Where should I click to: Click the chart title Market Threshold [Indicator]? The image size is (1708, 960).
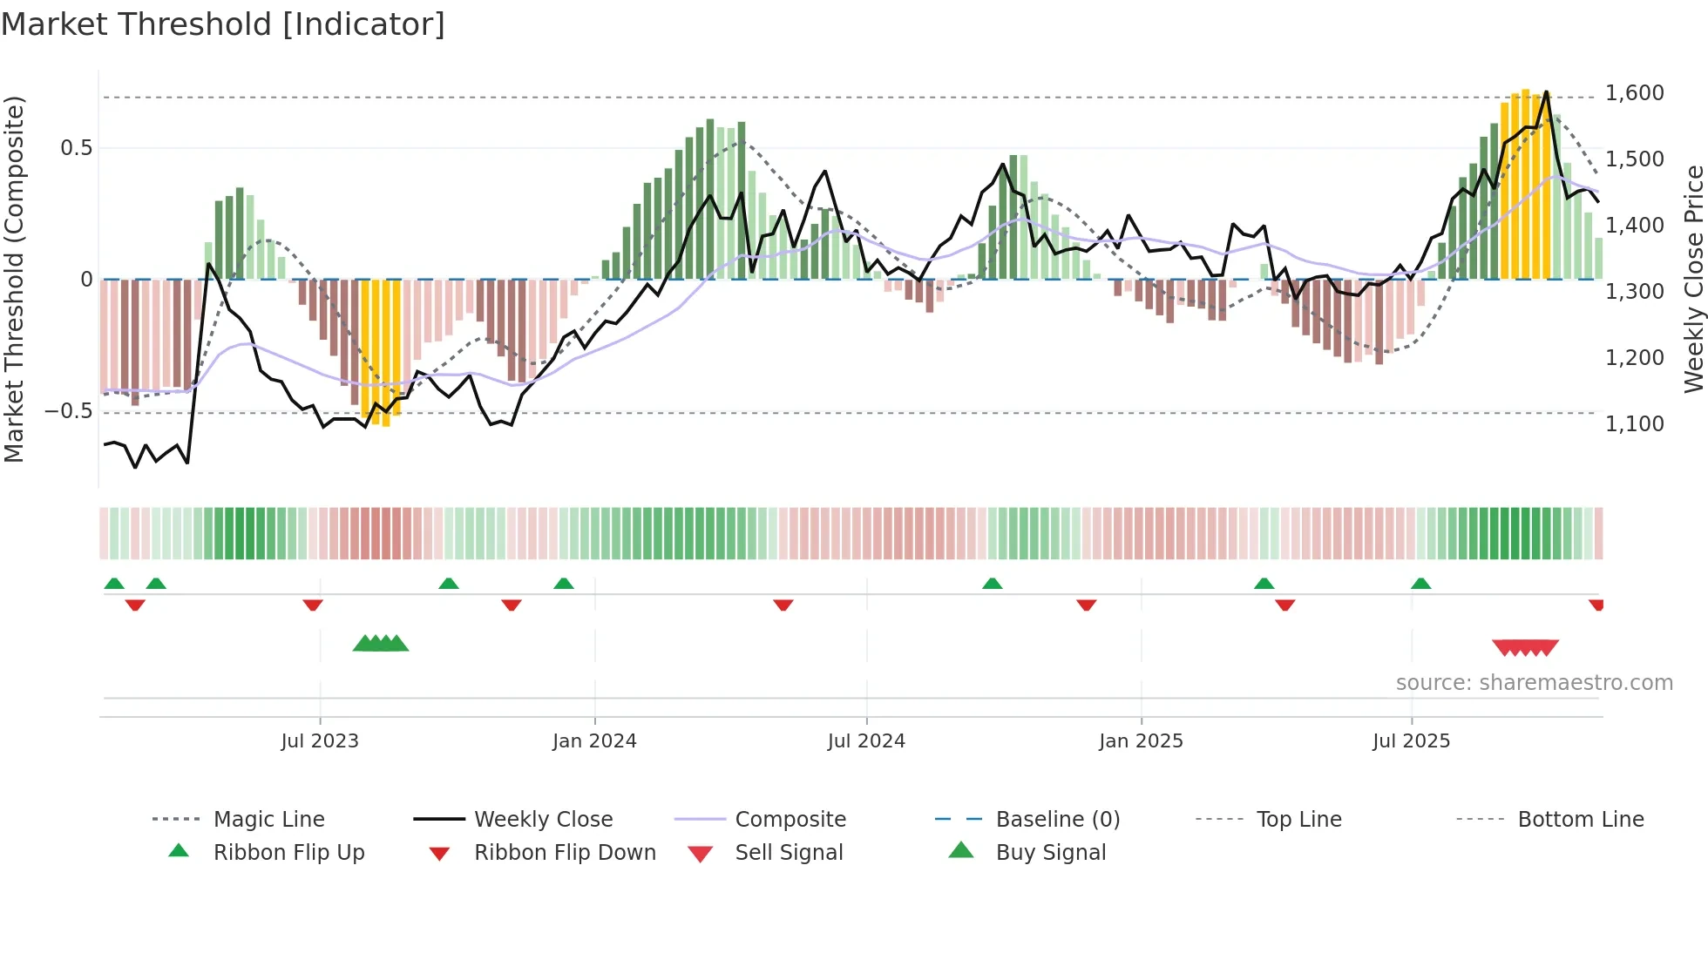click(x=223, y=24)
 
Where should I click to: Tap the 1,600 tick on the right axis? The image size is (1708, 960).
click(x=1634, y=93)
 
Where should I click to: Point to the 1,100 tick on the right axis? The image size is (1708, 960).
click(x=1634, y=424)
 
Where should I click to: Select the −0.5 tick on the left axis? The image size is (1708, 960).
click(x=68, y=411)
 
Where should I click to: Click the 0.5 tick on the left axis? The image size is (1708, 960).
click(x=76, y=148)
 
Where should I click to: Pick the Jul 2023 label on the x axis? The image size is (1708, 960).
click(x=320, y=741)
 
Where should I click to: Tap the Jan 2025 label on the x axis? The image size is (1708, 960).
click(x=1141, y=741)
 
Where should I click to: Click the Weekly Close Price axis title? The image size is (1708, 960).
click(x=1693, y=279)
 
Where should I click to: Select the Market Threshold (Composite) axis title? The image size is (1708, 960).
click(x=14, y=279)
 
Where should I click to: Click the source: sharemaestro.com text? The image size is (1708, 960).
click(x=1534, y=683)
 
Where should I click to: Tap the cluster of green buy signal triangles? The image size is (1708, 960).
click(x=381, y=644)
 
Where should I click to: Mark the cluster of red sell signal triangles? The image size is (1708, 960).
click(x=1525, y=647)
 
